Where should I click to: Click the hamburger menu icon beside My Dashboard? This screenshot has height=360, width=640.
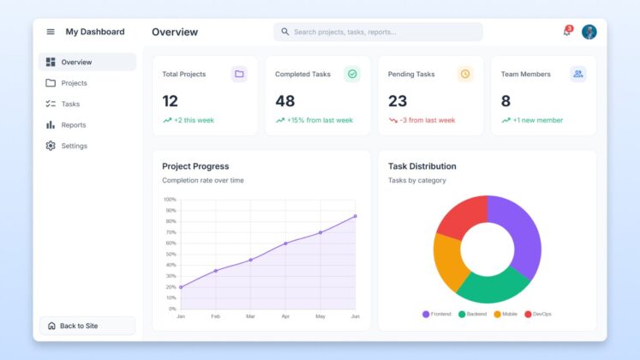(51, 32)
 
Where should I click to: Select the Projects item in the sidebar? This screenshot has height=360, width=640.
(74, 83)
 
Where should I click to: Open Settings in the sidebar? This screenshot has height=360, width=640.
(74, 146)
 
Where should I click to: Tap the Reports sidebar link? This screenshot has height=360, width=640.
(73, 125)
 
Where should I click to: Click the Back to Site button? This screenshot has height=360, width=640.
(87, 326)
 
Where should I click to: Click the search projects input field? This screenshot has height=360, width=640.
(378, 32)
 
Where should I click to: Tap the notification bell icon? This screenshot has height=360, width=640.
(566, 32)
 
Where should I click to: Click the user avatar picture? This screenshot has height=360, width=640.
(589, 32)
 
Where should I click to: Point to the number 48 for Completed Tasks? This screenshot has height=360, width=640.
(284, 101)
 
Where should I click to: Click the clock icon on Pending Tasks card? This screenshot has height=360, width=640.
(465, 74)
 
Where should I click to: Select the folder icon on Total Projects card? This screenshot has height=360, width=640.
(239, 74)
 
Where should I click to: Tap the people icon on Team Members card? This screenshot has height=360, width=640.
(578, 74)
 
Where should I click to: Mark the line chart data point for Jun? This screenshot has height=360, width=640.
(356, 216)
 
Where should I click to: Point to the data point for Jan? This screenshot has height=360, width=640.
(181, 287)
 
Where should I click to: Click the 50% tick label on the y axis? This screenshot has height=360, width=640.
(170, 254)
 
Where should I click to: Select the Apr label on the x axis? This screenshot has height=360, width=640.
(285, 316)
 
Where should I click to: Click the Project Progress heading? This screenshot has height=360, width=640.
(195, 166)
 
